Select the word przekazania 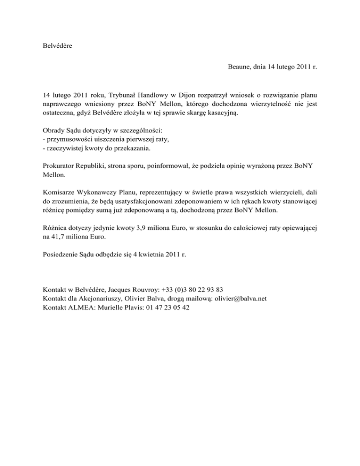[x=131, y=150]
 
